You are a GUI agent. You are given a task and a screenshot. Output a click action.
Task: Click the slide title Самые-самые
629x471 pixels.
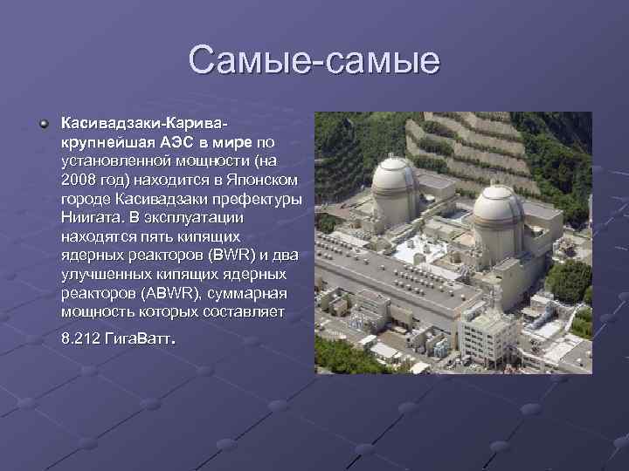(x=314, y=60)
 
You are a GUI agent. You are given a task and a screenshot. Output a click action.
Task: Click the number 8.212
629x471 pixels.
(x=83, y=338)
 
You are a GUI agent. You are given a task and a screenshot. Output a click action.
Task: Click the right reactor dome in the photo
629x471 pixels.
(x=498, y=206)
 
